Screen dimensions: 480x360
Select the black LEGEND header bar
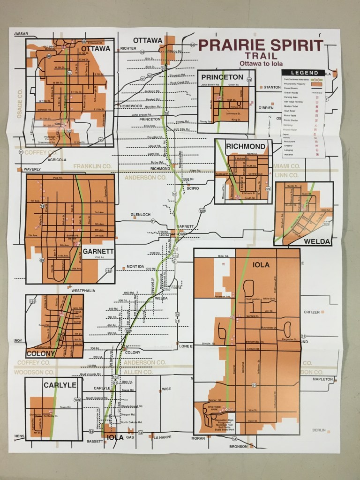tap(303, 73)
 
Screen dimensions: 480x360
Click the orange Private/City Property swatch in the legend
tap(317, 84)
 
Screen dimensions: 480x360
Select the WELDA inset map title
tap(317, 241)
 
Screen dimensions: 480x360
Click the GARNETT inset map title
tap(98, 251)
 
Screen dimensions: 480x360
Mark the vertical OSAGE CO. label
tap(20, 103)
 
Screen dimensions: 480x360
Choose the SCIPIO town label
tap(193, 188)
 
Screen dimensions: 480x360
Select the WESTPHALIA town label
tap(83, 291)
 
